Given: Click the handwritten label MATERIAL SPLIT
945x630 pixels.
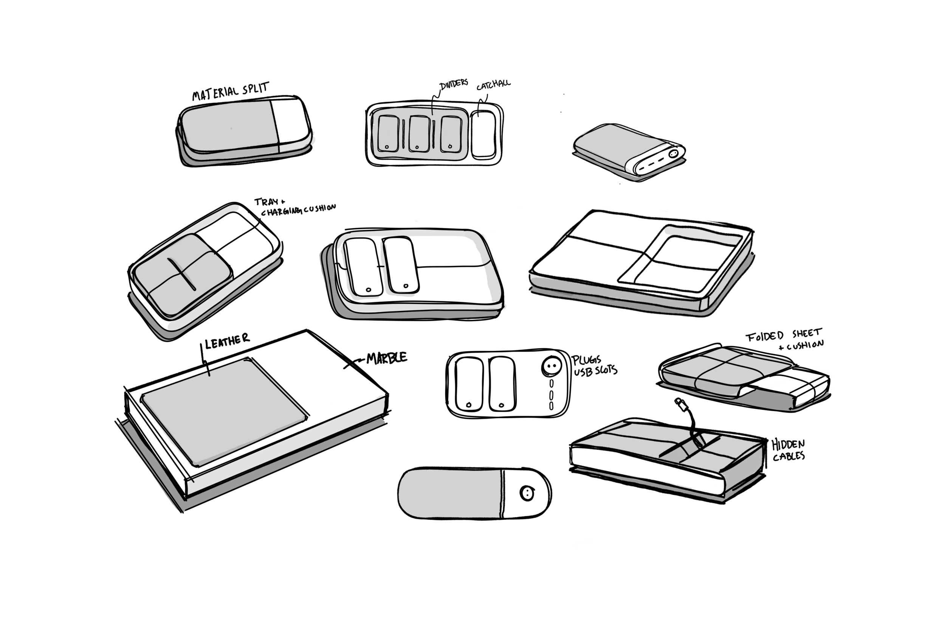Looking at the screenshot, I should (x=230, y=91).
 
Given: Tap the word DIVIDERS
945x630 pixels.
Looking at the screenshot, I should (x=454, y=84).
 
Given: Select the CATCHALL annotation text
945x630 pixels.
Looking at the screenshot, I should (x=493, y=85).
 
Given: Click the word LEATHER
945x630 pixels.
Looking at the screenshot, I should (x=228, y=341).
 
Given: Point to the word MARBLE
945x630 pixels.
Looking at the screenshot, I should (x=387, y=358).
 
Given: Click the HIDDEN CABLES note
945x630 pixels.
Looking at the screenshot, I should (x=788, y=450).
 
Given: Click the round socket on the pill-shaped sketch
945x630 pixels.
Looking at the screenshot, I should (x=527, y=493).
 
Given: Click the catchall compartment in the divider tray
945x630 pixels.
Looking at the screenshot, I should (x=483, y=134).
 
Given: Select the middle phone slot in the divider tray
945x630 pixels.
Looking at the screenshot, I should (x=419, y=134).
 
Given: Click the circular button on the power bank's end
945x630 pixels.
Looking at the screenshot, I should (x=673, y=153).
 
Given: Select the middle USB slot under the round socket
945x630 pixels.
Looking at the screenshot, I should (x=551, y=395).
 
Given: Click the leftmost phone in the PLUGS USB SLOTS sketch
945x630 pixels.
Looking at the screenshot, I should (x=469, y=384).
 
